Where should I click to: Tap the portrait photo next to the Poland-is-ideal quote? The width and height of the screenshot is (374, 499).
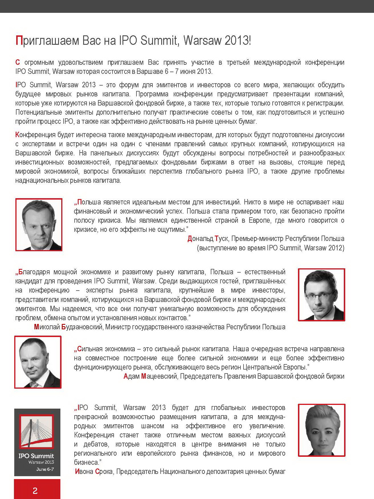click(x=39, y=225)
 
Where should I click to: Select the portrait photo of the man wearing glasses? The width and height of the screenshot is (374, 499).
click(x=321, y=295)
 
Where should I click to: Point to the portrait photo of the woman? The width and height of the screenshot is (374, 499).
click(x=321, y=430)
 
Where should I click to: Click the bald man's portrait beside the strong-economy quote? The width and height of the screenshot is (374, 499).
click(x=38, y=362)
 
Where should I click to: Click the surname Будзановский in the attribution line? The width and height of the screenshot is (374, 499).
click(x=82, y=327)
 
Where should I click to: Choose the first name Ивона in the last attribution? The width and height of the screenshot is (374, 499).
click(x=84, y=472)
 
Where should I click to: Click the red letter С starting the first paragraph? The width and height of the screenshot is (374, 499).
click(x=18, y=62)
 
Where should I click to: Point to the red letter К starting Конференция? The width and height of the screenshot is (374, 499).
click(x=17, y=135)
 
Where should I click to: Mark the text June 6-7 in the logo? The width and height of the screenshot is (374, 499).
click(x=45, y=469)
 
